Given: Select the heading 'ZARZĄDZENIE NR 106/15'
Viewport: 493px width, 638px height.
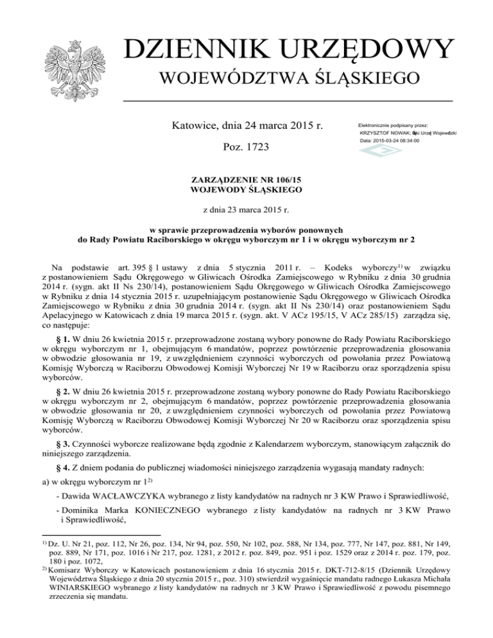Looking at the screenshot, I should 247,181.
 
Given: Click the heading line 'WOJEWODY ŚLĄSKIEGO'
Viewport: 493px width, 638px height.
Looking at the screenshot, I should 247,191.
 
